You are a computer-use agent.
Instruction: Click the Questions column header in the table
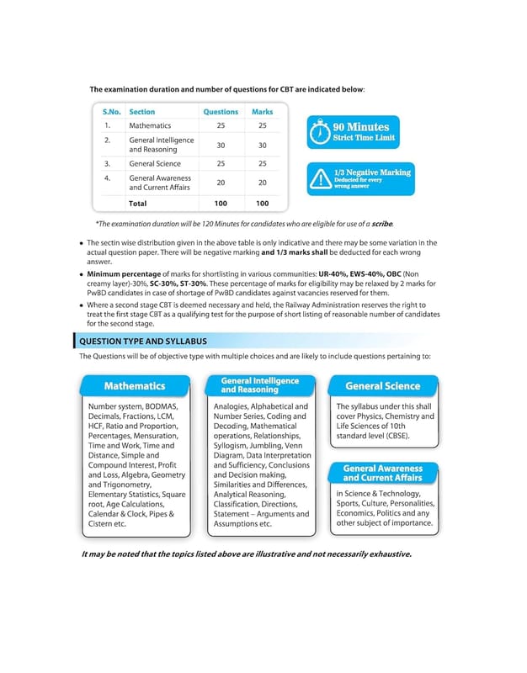[221, 112]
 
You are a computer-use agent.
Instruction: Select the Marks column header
[262, 112]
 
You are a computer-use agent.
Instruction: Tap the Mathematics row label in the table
[150, 125]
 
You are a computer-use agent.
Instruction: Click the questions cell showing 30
[221, 145]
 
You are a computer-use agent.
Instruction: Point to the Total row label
[137, 203]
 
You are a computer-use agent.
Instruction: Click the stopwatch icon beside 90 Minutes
[319, 133]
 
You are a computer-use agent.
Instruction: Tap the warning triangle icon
[320, 178]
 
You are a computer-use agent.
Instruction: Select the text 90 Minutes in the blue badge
[361, 127]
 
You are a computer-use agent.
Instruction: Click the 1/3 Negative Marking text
[372, 172]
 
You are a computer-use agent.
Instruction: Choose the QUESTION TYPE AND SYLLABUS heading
[142, 341]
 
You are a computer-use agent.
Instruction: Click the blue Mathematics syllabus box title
[134, 386]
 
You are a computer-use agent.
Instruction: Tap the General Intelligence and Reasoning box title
[259, 385]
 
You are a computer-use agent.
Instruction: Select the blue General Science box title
[383, 386]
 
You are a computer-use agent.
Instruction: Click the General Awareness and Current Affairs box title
[383, 473]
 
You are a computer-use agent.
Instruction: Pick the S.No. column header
[112, 112]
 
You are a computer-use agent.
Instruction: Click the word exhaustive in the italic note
[384, 554]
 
